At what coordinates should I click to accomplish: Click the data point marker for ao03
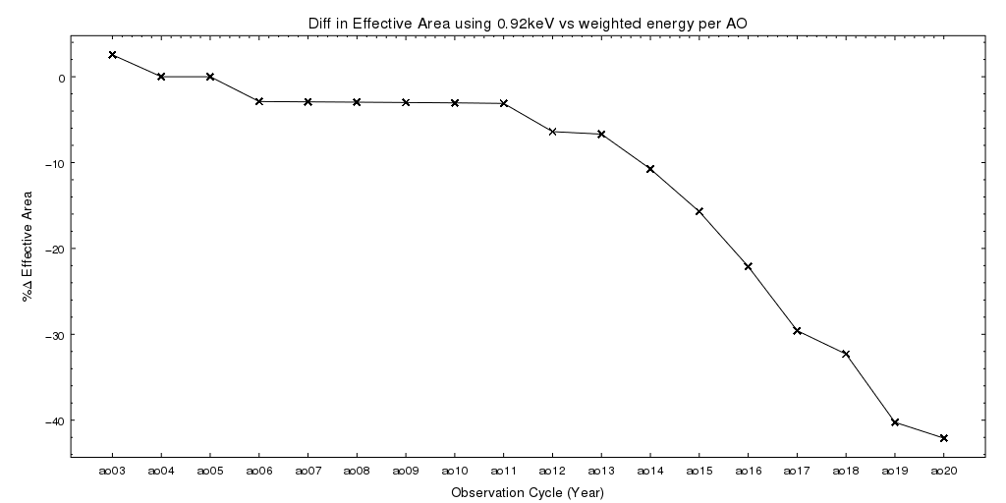click(112, 55)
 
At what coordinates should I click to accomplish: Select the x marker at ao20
click(944, 438)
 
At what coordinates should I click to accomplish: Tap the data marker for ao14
click(650, 169)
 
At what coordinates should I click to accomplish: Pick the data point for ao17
click(798, 331)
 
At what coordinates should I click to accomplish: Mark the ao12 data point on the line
click(553, 131)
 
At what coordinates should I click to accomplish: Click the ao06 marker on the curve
click(259, 101)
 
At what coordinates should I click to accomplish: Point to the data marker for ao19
click(895, 422)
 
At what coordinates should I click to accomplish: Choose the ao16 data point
click(749, 266)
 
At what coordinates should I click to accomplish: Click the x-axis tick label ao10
click(455, 472)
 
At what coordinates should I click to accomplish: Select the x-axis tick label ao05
click(210, 472)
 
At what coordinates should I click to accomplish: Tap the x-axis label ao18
click(846, 472)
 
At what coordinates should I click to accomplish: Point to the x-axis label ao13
click(601, 472)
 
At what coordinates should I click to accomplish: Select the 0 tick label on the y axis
click(61, 78)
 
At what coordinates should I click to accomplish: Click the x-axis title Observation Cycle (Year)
click(528, 491)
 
